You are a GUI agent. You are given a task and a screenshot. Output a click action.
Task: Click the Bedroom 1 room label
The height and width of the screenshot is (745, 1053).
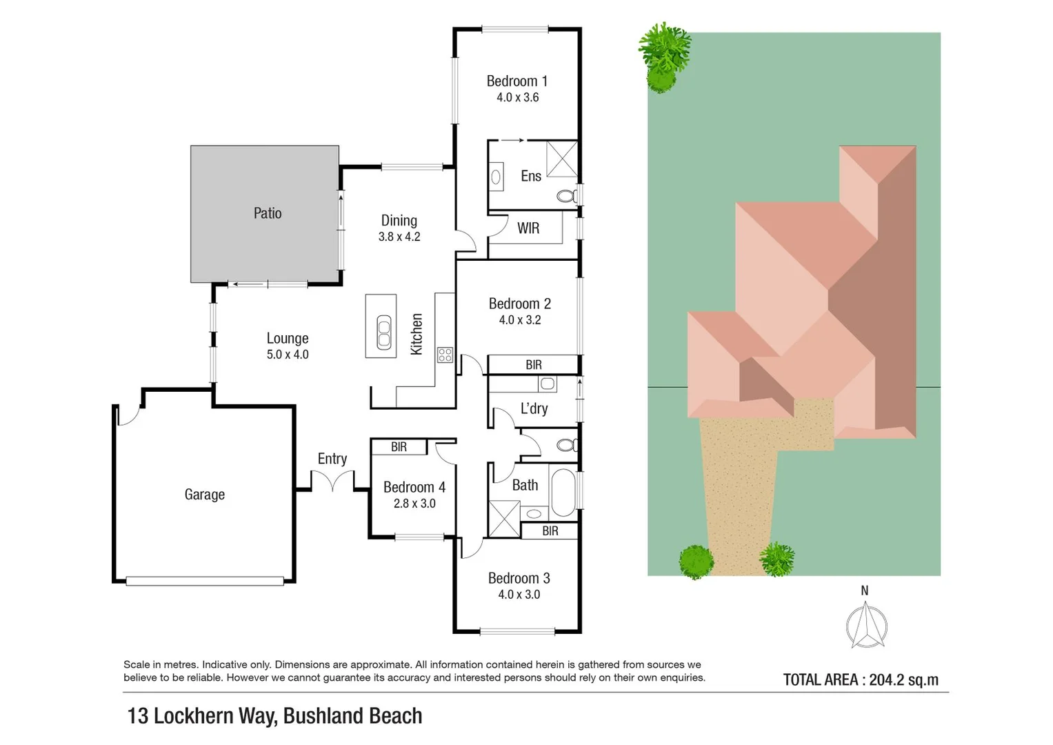(517, 81)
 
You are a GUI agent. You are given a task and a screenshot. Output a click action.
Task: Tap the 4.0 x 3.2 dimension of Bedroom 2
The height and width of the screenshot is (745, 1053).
(519, 320)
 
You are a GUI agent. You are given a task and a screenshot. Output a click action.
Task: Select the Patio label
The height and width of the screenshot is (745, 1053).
(267, 213)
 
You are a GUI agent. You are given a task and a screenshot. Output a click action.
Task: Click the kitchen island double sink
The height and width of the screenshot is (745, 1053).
(383, 332)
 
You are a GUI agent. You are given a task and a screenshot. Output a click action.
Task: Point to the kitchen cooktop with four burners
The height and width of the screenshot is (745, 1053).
(445, 355)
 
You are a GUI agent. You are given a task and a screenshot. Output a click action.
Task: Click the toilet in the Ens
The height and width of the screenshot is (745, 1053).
(566, 197)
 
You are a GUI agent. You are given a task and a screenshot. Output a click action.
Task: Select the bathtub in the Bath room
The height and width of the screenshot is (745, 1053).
(563, 493)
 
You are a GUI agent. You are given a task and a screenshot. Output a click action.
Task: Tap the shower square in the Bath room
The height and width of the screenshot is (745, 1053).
(504, 519)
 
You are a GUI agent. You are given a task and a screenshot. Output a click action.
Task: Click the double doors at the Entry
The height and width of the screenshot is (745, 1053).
(332, 481)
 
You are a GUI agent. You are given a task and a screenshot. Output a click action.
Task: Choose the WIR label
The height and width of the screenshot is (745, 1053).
(528, 228)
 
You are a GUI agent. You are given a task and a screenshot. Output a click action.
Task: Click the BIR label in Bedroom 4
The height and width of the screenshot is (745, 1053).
(399, 447)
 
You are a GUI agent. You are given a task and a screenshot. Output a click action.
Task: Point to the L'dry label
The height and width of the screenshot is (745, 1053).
(534, 408)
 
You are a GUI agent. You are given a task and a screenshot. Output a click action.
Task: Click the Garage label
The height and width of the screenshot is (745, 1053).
(204, 495)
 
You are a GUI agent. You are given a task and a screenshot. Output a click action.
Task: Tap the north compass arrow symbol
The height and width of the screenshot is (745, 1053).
(866, 624)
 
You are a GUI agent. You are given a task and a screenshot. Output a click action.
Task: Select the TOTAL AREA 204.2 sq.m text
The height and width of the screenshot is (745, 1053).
(861, 680)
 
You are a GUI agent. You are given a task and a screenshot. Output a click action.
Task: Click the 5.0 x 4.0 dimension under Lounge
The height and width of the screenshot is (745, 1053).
(288, 355)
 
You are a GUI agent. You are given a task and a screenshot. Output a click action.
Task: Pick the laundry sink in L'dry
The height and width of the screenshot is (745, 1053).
(548, 384)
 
